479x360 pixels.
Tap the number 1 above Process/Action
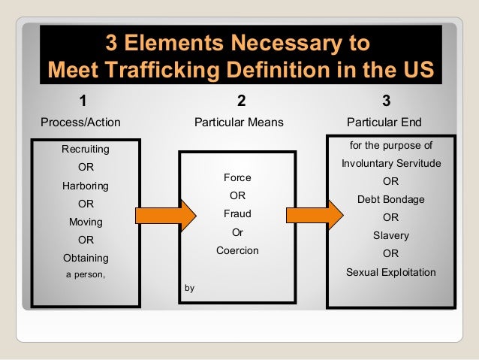[83, 101]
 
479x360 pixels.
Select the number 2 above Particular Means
[241, 101]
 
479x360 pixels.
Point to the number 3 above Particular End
[386, 101]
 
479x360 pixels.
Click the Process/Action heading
[80, 122]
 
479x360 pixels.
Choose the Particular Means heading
[239, 122]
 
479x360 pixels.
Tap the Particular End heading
[384, 122]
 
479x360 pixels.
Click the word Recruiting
[86, 150]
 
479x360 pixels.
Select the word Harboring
[86, 186]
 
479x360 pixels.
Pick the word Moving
[86, 222]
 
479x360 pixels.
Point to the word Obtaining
[86, 258]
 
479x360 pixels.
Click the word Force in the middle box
[237, 178]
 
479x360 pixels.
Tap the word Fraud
[237, 214]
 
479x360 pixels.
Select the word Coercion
[237, 250]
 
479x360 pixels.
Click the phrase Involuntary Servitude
[390, 163]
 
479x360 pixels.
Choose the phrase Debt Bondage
[390, 199]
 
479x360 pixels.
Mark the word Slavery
[390, 235]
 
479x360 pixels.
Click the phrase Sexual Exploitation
[390, 272]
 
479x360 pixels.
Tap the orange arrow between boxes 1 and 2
[160, 215]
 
